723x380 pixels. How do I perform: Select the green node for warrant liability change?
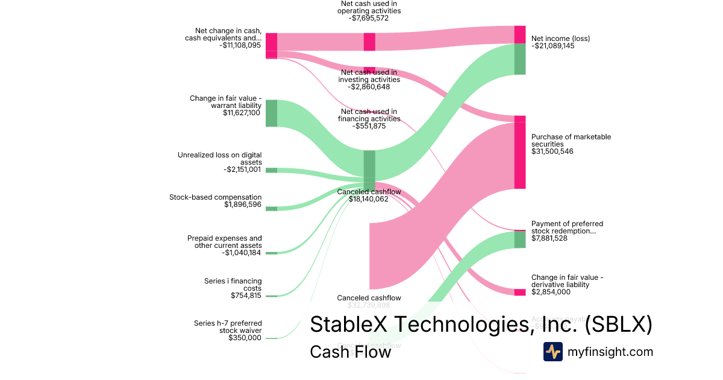click(271, 113)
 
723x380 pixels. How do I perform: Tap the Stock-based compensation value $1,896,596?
click(243, 205)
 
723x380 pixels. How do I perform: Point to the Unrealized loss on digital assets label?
click(220, 159)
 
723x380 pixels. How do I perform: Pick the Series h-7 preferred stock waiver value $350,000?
click(245, 338)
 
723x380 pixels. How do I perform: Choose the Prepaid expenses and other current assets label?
click(225, 242)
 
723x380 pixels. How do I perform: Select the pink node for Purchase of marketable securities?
click(520, 152)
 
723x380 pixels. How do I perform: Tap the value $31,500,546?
click(552, 151)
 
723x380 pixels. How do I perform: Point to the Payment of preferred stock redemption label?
click(567, 227)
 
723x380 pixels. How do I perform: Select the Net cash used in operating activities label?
click(369, 7)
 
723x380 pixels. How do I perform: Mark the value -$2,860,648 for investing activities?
click(369, 87)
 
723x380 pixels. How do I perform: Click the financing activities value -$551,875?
click(369, 126)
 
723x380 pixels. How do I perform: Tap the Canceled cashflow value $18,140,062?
click(369, 199)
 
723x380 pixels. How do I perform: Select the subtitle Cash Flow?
click(350, 352)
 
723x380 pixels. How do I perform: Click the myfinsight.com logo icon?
click(552, 352)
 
